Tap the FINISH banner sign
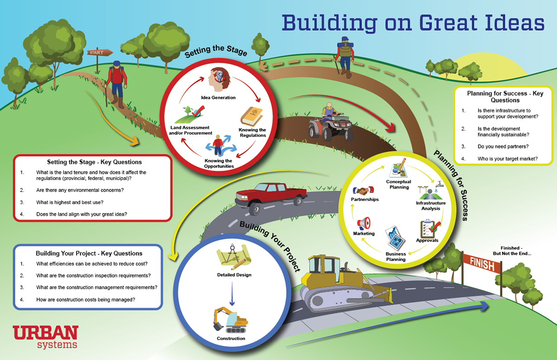click(x=481, y=262)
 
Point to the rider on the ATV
click(x=329, y=111)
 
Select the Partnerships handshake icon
click(x=364, y=191)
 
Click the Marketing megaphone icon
click(x=363, y=222)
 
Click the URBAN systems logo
click(x=45, y=336)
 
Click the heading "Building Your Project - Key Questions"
click(x=89, y=253)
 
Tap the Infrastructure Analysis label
click(x=431, y=206)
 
